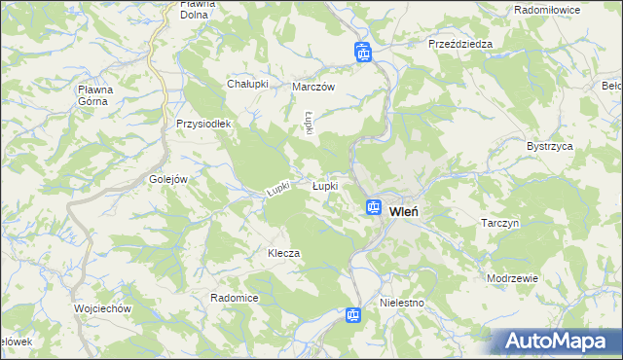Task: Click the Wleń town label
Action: pyautogui.click(x=404, y=209)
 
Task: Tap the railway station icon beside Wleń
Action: pyautogui.click(x=373, y=207)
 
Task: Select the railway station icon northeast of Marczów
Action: pyautogui.click(x=363, y=52)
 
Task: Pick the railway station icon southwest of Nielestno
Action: pyautogui.click(x=353, y=314)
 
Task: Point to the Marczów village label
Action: pyautogui.click(x=313, y=87)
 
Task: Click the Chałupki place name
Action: pyautogui.click(x=247, y=84)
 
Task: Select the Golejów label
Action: pyautogui.click(x=168, y=179)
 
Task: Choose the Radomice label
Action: pyautogui.click(x=234, y=297)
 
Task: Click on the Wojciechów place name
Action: pyautogui.click(x=102, y=308)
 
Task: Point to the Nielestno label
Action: pyautogui.click(x=403, y=303)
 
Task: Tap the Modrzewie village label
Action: pyautogui.click(x=513, y=277)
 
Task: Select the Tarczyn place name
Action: pyautogui.click(x=502, y=223)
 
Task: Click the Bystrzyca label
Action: pyautogui.click(x=550, y=145)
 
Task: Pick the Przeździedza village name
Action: pyautogui.click(x=460, y=44)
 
